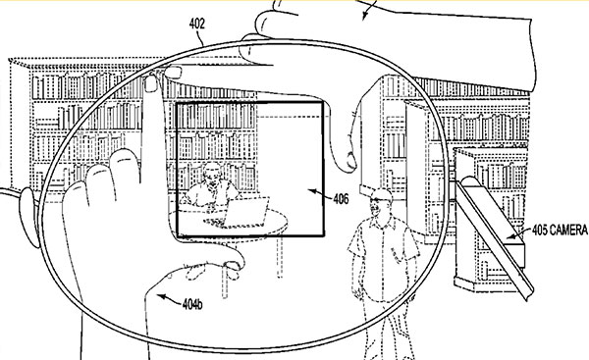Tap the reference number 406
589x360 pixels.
(341, 197)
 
